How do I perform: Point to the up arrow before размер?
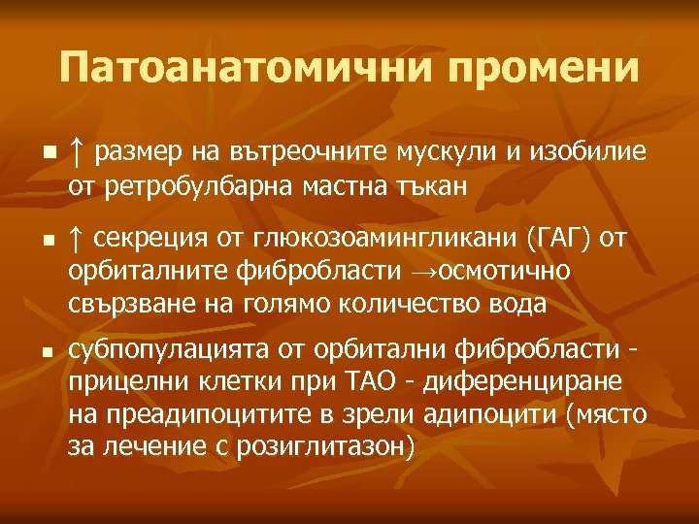point(77,152)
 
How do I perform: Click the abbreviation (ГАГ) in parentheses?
point(551,237)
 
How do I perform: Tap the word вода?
point(517,302)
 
